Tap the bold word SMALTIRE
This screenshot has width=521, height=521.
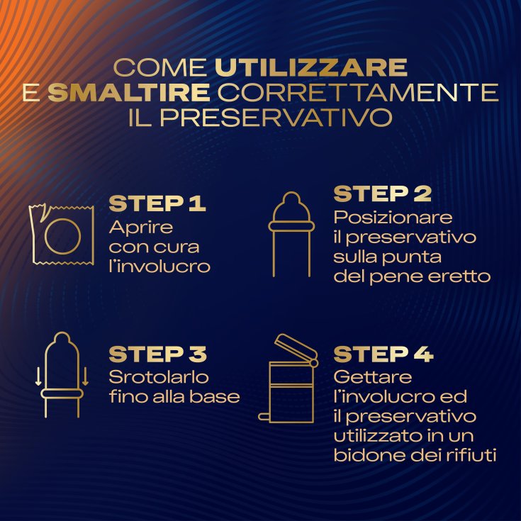point(129,92)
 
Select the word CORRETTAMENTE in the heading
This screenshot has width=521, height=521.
point(358,92)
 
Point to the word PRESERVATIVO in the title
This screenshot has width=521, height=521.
point(276,117)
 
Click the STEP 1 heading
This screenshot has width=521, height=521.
point(157,203)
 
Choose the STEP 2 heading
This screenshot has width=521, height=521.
point(383,194)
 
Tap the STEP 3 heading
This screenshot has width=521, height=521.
point(158,354)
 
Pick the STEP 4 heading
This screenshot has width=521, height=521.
point(383,354)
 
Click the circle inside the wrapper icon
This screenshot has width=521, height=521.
point(45,237)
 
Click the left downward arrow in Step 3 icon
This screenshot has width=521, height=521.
point(38,376)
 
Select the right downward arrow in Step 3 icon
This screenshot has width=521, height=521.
point(85,376)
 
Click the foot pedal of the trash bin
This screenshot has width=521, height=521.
point(264,417)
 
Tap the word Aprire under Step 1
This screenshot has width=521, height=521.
point(141,228)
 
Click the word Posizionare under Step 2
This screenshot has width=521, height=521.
point(393,218)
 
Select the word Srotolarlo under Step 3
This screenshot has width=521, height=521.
point(159,378)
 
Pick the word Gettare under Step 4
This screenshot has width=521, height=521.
point(372,378)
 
